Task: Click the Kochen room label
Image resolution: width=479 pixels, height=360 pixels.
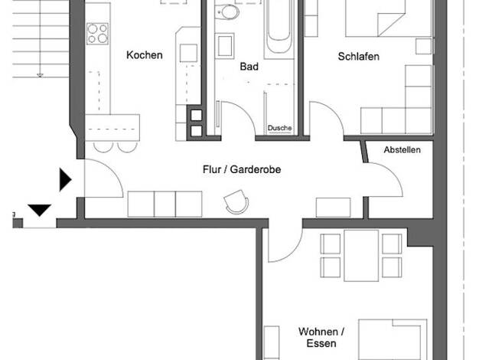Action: [144, 55]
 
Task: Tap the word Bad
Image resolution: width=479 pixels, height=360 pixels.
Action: [249, 67]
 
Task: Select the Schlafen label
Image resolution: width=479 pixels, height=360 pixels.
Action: [359, 56]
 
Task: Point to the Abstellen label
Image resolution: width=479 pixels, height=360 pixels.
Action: [402, 150]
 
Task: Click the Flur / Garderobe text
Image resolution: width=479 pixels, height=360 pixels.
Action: [242, 169]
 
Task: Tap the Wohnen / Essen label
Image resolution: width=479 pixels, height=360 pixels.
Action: [321, 337]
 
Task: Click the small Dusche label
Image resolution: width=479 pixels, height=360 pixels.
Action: [279, 128]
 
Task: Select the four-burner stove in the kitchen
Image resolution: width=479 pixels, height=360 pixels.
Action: [97, 34]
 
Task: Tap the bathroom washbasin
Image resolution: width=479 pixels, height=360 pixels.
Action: [224, 45]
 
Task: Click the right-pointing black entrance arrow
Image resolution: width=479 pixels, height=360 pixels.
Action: [65, 179]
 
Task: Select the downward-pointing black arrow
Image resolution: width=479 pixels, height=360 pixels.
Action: [40, 210]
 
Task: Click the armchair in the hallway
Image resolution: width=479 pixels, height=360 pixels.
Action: [236, 201]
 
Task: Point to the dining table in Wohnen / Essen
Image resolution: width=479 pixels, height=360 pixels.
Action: [361, 256]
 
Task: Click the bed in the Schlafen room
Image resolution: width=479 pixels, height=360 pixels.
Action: [389, 18]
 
